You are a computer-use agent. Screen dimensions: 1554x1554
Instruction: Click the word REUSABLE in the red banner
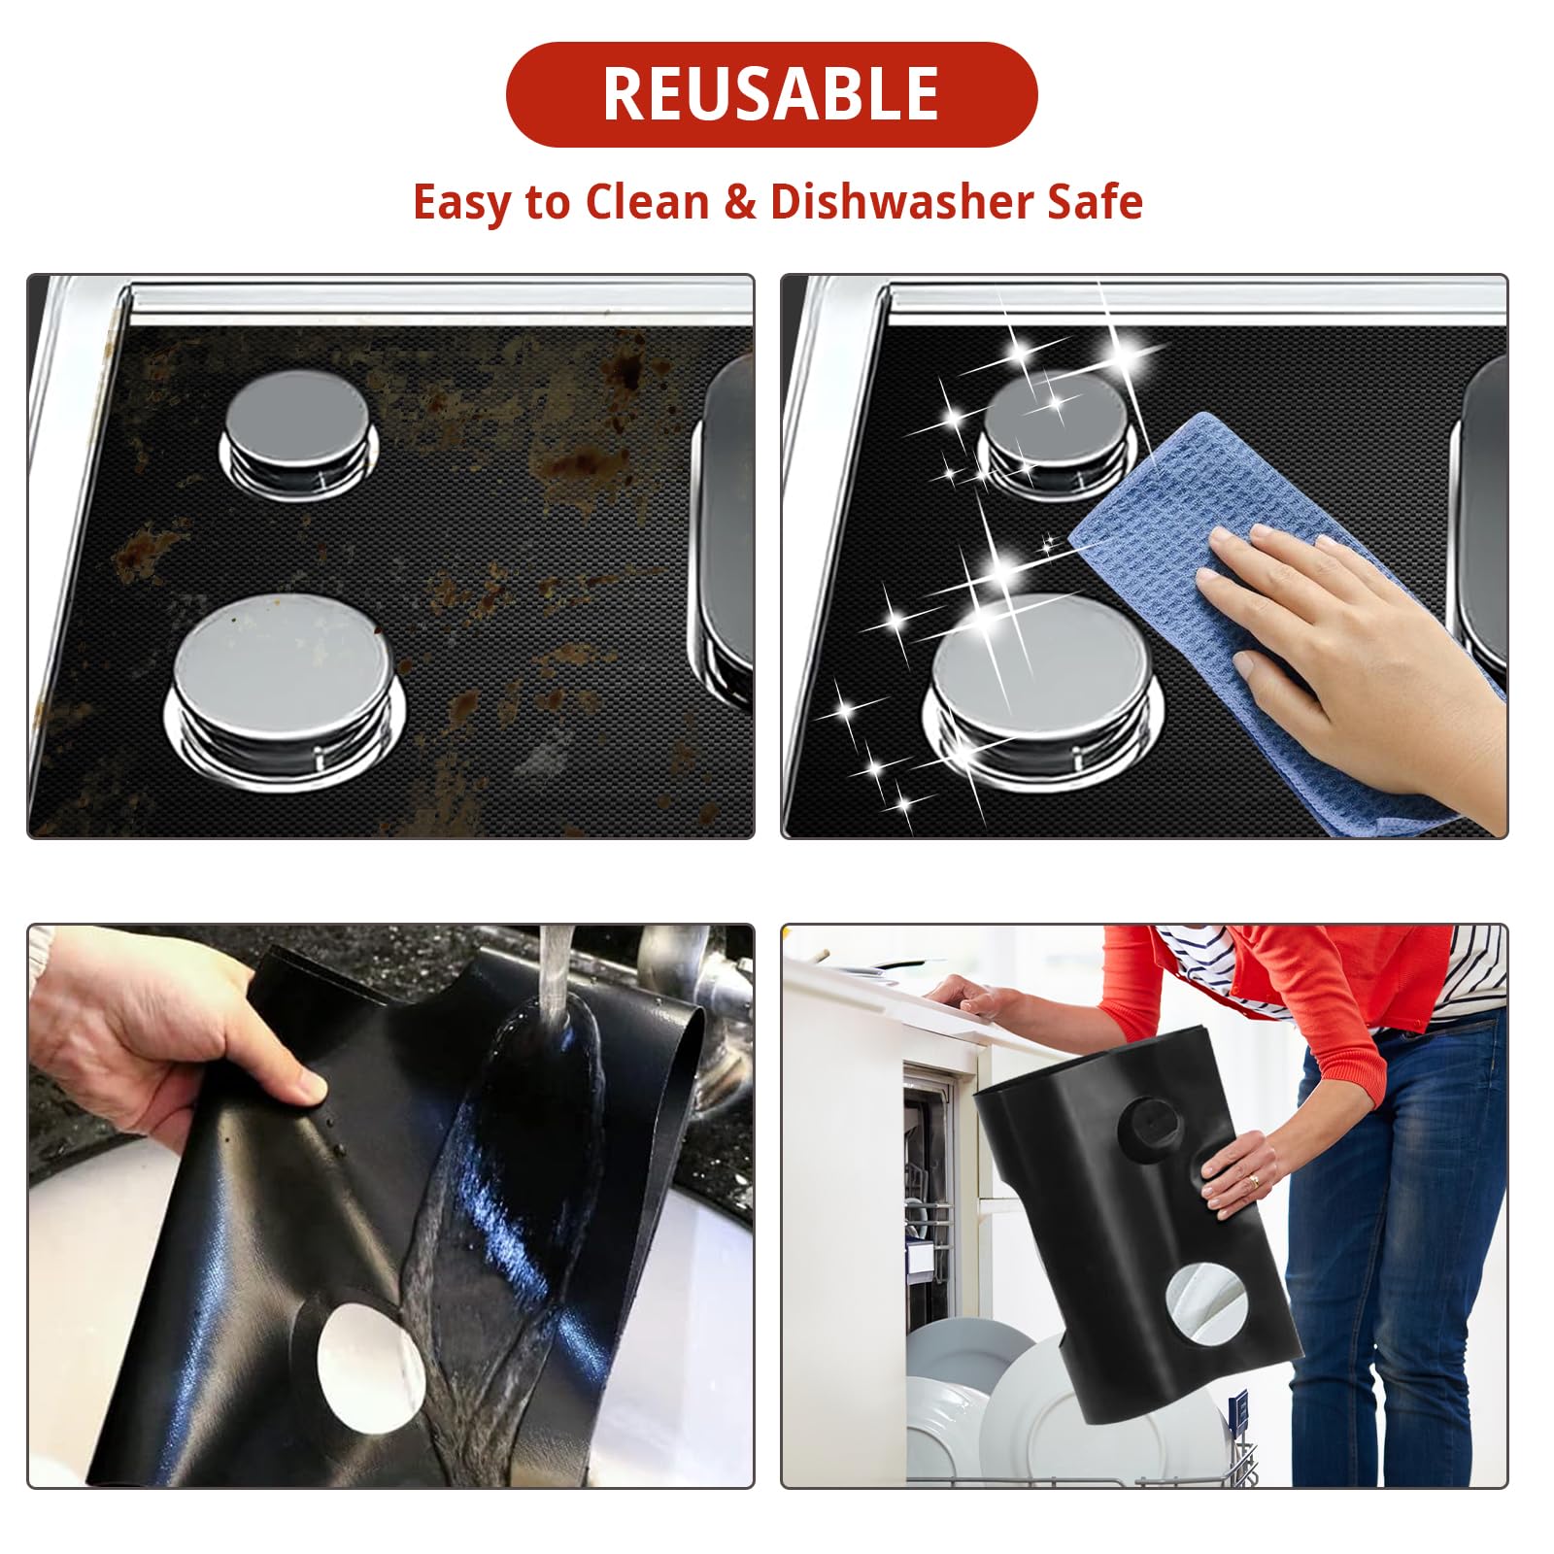[x=770, y=94]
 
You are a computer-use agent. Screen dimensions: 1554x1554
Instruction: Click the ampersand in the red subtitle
[x=739, y=202]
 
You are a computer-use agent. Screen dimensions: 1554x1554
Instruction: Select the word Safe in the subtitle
[x=1094, y=202]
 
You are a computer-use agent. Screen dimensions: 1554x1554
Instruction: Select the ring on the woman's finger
[x=1253, y=1181]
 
